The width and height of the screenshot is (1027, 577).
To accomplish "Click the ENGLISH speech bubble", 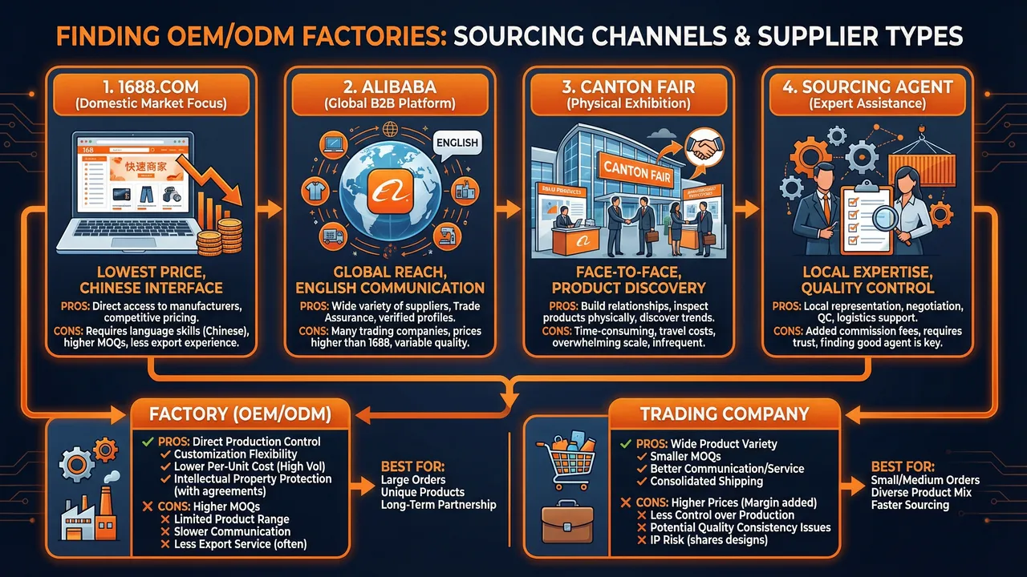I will point(455,143).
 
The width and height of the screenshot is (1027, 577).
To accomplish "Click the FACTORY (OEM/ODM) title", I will point(238,414).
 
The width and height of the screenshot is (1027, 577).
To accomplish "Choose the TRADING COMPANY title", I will point(724,414).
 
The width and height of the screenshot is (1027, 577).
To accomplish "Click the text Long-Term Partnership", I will point(438,505).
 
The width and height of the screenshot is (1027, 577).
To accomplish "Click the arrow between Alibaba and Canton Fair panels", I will point(507,210).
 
